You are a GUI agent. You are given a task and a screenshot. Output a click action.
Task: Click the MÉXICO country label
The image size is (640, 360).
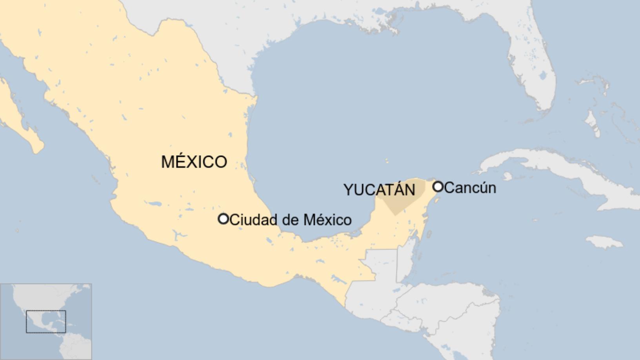coord(194,162)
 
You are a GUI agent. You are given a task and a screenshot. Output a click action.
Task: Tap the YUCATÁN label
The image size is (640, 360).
coord(379,190)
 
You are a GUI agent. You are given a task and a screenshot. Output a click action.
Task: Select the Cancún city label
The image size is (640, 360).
coord(470,187)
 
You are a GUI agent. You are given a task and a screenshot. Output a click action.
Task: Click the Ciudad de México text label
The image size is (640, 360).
coord(291,220)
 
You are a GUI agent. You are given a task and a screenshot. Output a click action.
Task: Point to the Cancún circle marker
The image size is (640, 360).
coord(438,187)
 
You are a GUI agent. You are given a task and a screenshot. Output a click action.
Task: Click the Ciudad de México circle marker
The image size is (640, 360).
coord(223,219)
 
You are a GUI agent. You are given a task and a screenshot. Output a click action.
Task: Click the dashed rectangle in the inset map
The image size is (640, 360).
coord(46,322)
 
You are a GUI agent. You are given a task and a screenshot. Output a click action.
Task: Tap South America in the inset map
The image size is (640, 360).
coord(76,347)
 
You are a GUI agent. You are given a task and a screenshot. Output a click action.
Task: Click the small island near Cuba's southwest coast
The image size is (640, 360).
coord(507,176)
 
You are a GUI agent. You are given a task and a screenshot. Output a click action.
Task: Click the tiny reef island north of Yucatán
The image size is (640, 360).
coord(387,161)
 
